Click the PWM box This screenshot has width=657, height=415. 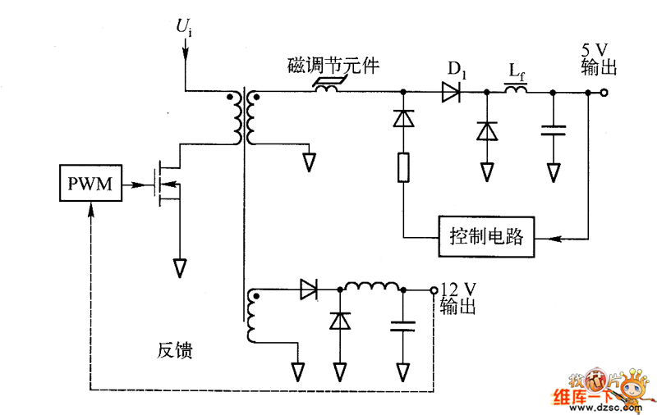tap(90, 184)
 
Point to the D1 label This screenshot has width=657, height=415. tap(457, 71)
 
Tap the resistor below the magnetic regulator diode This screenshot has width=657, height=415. tap(403, 166)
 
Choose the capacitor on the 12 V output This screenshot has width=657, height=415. tap(402, 326)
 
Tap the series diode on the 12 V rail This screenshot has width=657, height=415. tap(310, 289)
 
